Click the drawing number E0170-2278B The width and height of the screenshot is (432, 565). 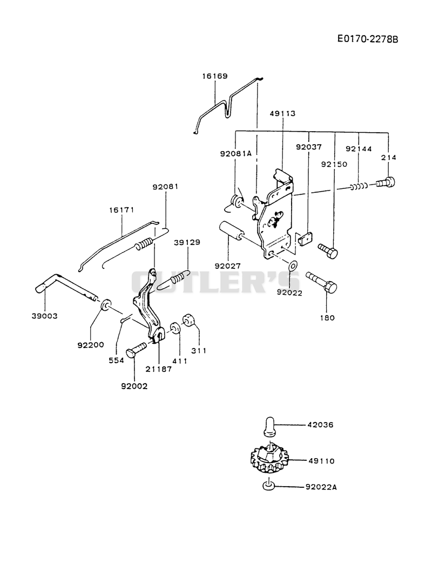(x=367, y=39)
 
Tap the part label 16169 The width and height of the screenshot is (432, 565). (x=215, y=77)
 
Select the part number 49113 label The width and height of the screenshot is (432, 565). (x=282, y=113)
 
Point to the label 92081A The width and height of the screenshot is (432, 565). (x=236, y=153)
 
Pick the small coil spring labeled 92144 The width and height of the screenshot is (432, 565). (x=359, y=186)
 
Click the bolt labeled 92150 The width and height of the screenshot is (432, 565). (x=328, y=250)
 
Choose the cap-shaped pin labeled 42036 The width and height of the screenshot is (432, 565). (x=270, y=426)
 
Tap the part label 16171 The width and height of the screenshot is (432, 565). (x=122, y=210)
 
